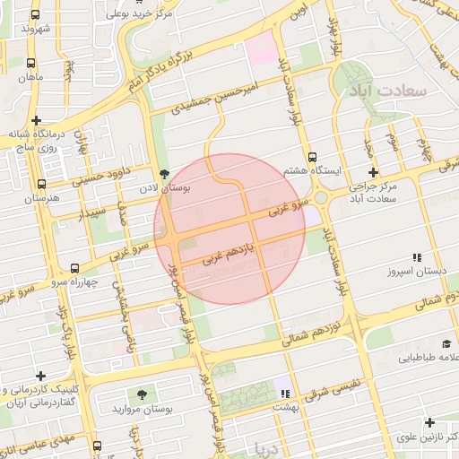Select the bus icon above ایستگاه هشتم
pyautogui.click(x=312, y=156)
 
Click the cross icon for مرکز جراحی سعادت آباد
pyautogui.click(x=373, y=172)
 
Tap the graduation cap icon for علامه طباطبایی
pyautogui.click(x=446, y=343)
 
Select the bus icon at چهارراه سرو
pyautogui.click(x=74, y=267)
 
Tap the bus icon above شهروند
pyautogui.click(x=35, y=15)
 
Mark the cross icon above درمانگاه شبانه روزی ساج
pyautogui.click(x=36, y=120)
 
